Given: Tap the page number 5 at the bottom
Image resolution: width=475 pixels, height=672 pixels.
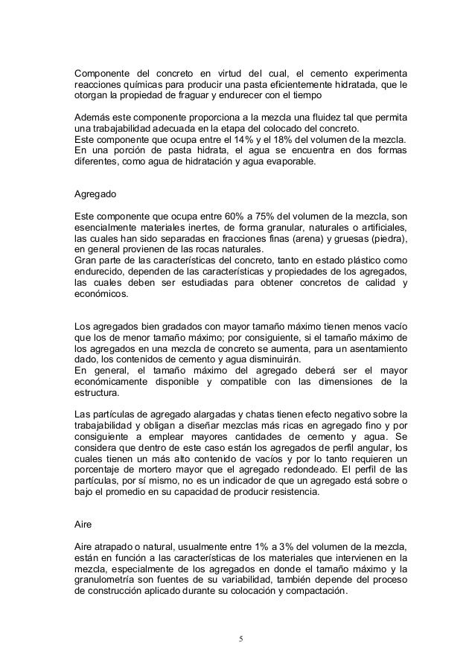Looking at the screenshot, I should click(x=240, y=639).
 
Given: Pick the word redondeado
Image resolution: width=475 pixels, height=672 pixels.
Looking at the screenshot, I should click(x=301, y=469).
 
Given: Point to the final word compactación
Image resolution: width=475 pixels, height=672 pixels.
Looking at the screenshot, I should click(x=316, y=593).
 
